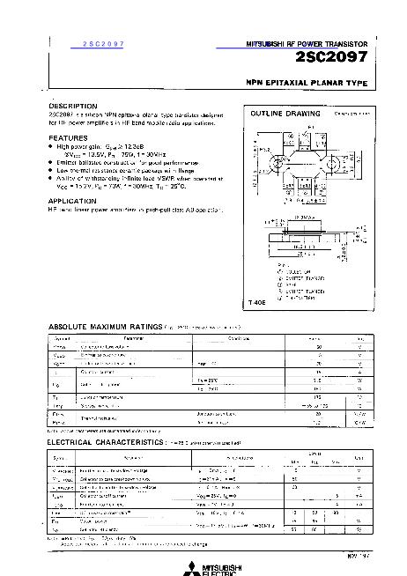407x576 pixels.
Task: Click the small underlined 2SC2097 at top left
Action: [x=103, y=43]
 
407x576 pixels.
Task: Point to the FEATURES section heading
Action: [x=68, y=138]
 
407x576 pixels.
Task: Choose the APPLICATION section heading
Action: [x=72, y=200]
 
